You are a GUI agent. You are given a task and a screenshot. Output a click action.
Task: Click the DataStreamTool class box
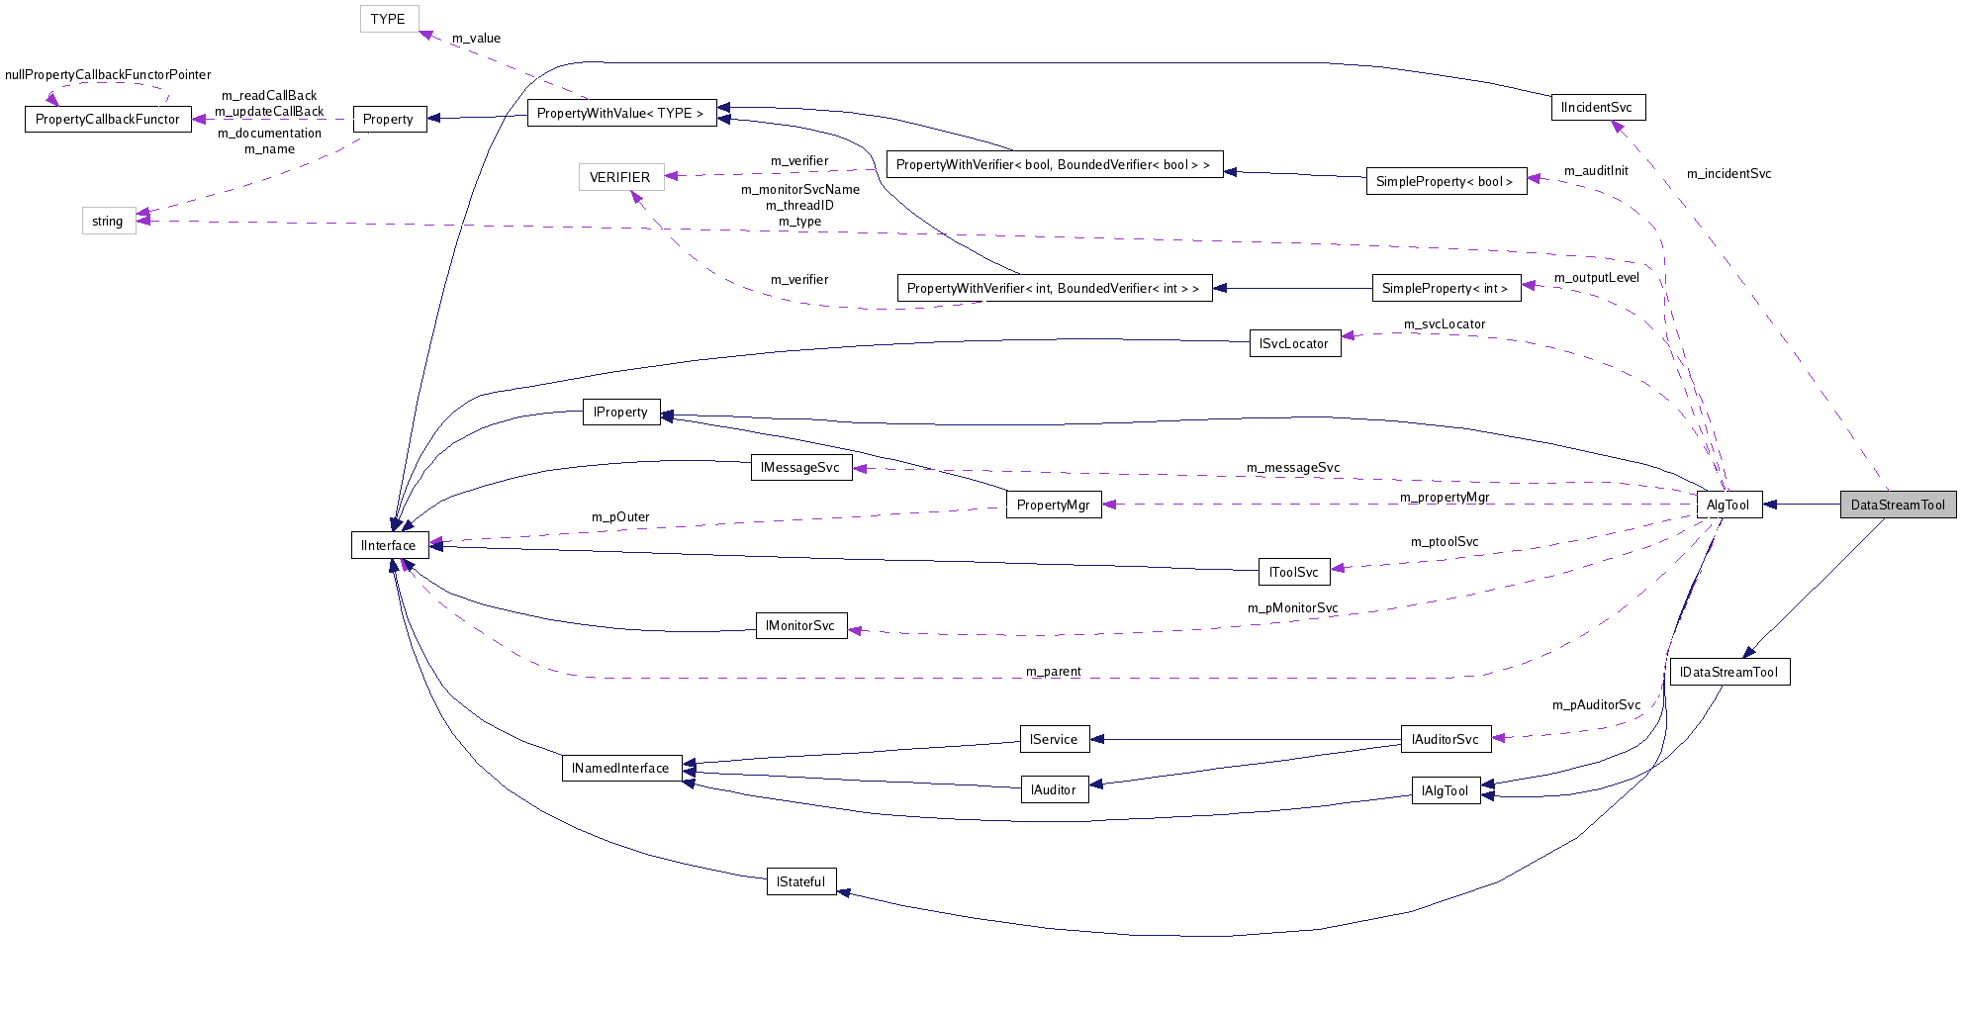point(1898,505)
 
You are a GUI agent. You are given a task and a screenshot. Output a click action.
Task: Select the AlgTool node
point(1728,505)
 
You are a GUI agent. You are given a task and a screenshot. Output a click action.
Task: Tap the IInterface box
point(389,545)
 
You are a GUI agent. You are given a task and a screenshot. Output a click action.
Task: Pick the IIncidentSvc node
point(1597,107)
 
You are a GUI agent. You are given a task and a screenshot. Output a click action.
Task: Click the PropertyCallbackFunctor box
point(108,119)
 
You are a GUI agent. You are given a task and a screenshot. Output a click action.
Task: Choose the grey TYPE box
point(389,19)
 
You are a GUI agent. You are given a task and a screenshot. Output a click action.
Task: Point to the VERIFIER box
point(620,177)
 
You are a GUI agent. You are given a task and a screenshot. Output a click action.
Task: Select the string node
point(108,221)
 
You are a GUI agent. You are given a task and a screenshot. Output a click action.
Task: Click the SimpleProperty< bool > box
point(1446,181)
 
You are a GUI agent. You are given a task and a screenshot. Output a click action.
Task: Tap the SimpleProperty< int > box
point(1446,288)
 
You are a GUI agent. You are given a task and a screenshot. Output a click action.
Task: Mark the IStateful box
point(801,881)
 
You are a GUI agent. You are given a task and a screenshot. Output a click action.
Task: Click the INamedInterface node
point(621,768)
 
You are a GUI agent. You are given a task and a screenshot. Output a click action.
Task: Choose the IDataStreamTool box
point(1729,672)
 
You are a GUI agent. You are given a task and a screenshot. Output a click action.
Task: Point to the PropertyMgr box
point(1053,505)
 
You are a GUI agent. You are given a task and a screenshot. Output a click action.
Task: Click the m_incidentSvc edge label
point(1728,173)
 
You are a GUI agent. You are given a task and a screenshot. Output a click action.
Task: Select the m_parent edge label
point(1053,671)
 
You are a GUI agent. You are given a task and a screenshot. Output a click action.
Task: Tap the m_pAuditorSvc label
point(1596,704)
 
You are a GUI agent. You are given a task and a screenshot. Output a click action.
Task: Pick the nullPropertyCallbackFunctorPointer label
point(108,74)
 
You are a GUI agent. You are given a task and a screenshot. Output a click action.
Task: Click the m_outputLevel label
point(1596,277)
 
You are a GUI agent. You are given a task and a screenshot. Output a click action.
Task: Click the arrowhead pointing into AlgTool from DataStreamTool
point(1771,505)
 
